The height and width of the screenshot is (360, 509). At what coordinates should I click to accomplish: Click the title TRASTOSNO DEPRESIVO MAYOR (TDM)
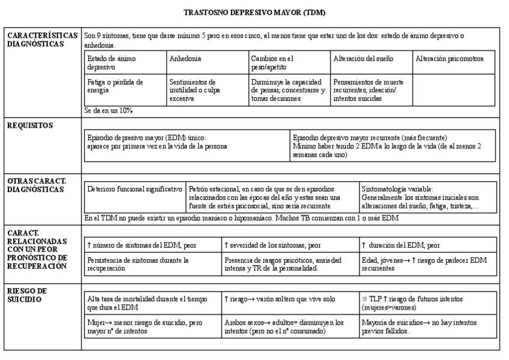click(255, 12)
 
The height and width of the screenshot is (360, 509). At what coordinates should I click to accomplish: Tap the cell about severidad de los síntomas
click(289, 245)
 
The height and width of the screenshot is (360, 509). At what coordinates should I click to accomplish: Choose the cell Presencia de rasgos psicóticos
click(289, 265)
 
